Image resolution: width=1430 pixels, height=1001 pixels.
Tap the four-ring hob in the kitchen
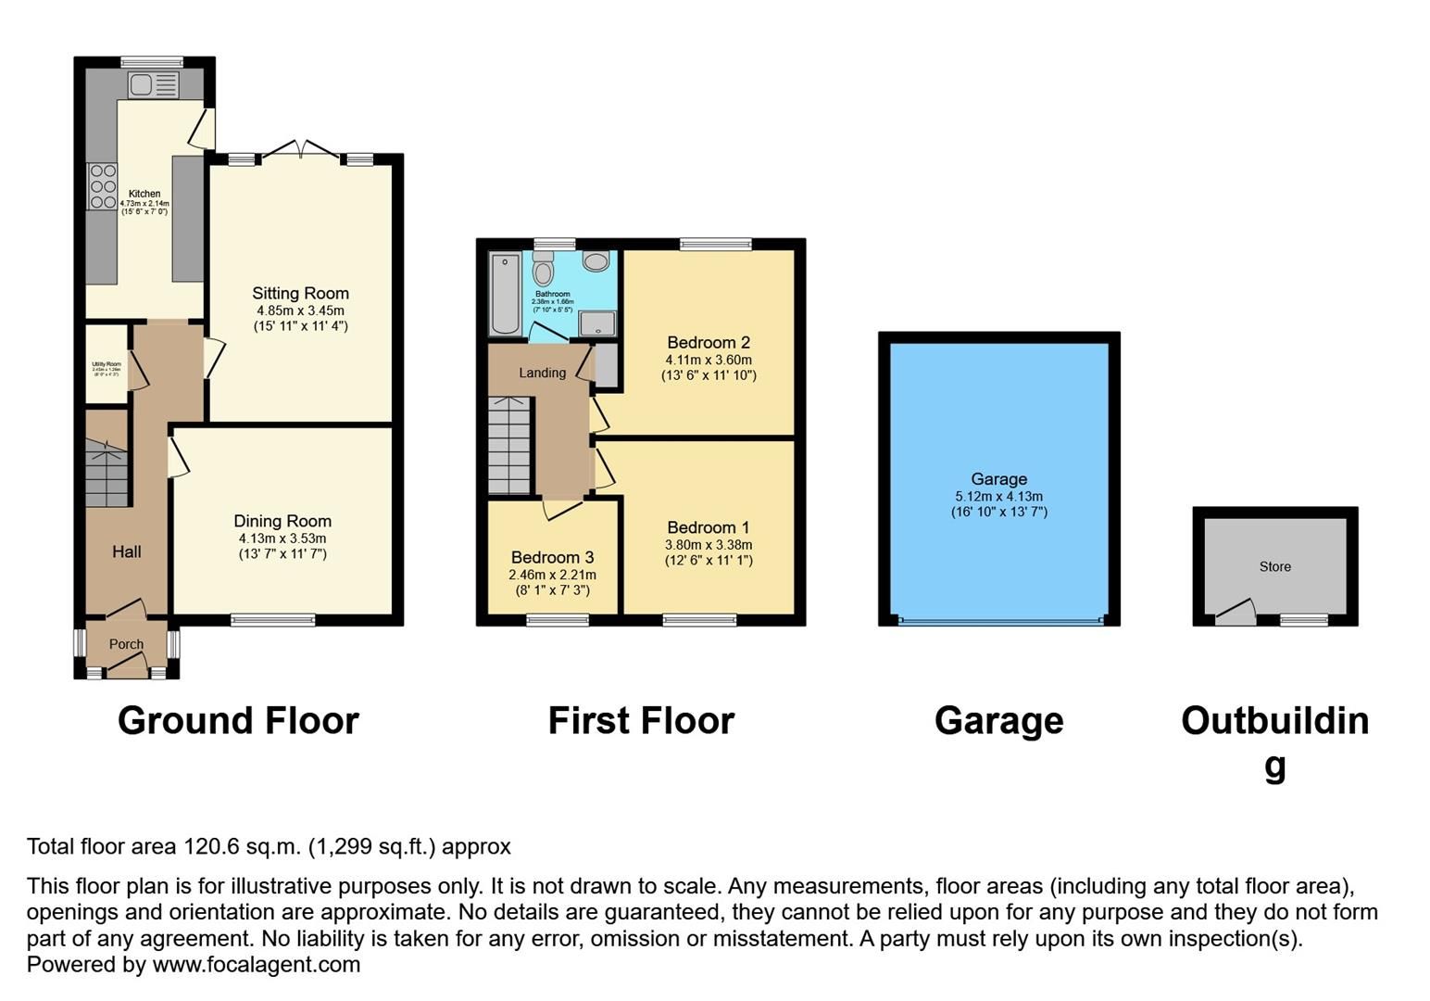103,186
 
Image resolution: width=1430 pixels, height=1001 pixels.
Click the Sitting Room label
300,294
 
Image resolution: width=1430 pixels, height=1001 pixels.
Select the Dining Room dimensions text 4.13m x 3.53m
282,539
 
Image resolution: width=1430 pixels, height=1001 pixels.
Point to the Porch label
126,644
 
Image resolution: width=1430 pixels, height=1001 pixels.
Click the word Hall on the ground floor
127,551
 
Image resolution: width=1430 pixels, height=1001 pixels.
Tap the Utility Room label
107,364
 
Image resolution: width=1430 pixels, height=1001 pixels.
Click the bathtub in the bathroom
506,293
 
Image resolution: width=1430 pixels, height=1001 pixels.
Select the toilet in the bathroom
544,269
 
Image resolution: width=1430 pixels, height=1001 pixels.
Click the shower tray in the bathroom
597,323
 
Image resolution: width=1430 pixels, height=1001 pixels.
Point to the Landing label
542,373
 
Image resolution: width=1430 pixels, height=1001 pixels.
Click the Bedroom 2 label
709,343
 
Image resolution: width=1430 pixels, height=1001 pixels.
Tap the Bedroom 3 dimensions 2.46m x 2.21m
552,575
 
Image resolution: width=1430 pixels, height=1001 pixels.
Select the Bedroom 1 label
709,528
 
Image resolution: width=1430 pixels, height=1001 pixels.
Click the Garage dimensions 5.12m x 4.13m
998,496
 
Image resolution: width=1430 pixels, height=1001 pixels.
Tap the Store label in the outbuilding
1274,566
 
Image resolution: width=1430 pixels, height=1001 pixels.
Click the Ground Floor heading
238,721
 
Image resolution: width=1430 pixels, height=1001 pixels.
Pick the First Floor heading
641,721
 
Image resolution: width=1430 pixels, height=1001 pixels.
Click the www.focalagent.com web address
256,964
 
